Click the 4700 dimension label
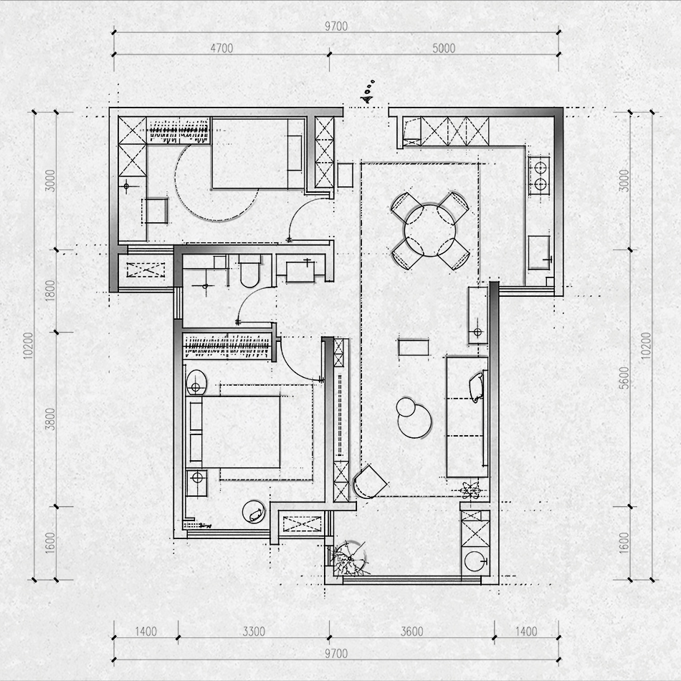click(222, 48)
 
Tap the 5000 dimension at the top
click(444, 48)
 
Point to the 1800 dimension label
click(50, 290)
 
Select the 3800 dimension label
click(50, 419)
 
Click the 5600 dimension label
click(624, 378)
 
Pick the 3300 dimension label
click(254, 631)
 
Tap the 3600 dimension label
click(411, 631)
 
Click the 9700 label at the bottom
click(336, 654)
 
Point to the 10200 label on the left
click(28, 346)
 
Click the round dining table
click(430, 230)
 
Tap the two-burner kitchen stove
click(539, 176)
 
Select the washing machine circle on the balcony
click(475, 561)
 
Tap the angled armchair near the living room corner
click(370, 482)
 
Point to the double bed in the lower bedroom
click(234, 432)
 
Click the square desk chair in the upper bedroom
click(156, 211)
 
